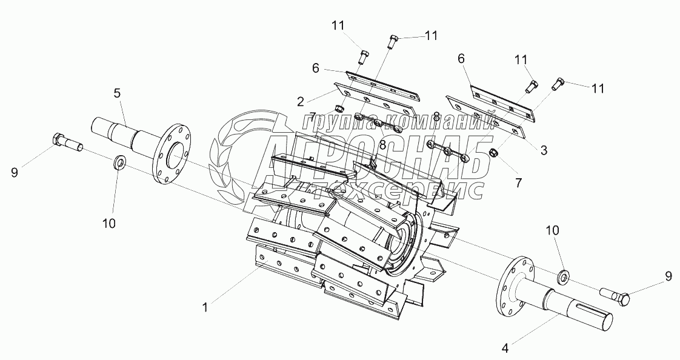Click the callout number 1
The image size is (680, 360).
[205, 307]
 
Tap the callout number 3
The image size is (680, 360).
[544, 150]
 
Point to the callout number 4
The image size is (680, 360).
[504, 347]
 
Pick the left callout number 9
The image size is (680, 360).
[15, 173]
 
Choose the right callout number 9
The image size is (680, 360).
[668, 275]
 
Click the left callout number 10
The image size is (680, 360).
[109, 224]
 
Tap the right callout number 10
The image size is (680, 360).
[553, 230]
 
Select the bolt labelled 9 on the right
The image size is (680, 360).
[615, 296]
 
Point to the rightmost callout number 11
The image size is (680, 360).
[597, 88]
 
